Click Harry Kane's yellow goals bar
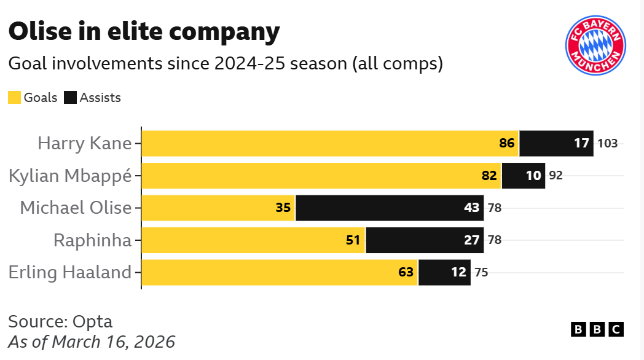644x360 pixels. (330, 144)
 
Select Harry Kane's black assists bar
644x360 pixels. (556, 144)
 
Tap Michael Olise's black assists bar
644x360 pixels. (390, 208)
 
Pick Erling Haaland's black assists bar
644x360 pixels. (444, 272)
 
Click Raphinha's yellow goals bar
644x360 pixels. (253, 240)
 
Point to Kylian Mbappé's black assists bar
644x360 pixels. (523, 176)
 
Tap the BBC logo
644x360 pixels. (597, 329)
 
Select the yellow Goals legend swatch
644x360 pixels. (14, 98)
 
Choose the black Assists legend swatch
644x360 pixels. (70, 98)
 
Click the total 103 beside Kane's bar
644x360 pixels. (607, 144)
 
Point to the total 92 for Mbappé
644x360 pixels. (556, 176)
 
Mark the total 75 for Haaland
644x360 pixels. (481, 272)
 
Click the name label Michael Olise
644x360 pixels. (76, 208)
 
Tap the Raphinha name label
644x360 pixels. (92, 240)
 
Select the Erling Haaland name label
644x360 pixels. (70, 272)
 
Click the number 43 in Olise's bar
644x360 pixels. (471, 208)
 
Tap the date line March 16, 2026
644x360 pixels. (114, 342)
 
